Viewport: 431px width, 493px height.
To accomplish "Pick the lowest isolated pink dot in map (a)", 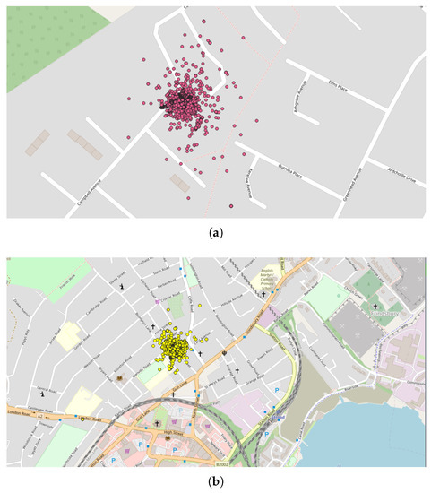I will [231, 207].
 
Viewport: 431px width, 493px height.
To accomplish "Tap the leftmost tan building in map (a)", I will [39, 142].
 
